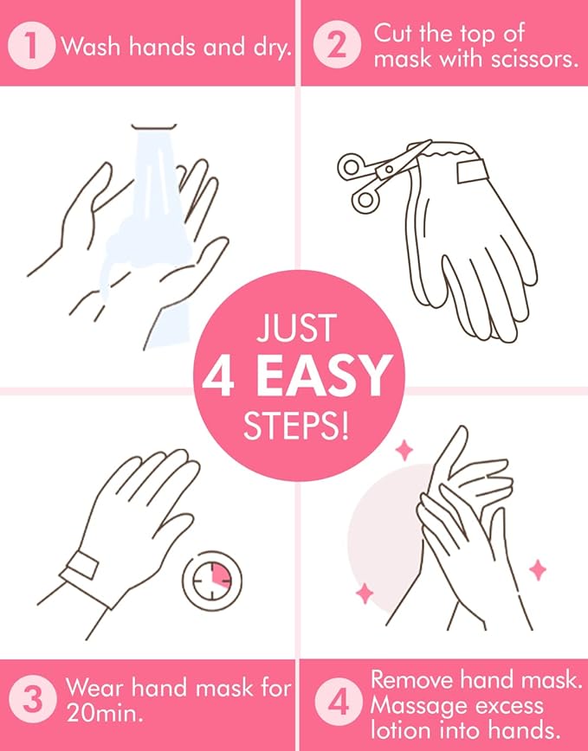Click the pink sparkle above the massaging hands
click(404, 450)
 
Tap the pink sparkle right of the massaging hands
click(538, 569)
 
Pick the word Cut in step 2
click(391, 34)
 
